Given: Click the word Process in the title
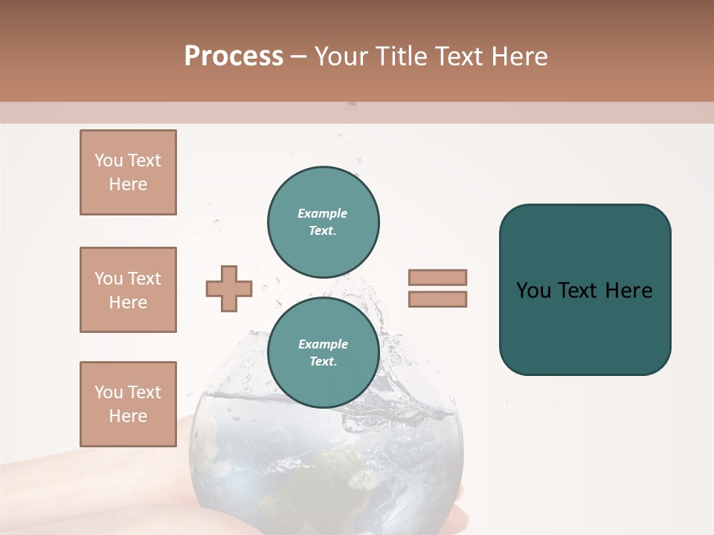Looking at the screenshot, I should [234, 56].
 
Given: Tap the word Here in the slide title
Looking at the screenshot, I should [515, 56].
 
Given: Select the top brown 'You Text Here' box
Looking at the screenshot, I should [128, 172].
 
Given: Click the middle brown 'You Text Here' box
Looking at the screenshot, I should [128, 290].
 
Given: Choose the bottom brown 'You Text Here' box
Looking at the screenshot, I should [128, 404].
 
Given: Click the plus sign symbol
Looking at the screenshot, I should [229, 288].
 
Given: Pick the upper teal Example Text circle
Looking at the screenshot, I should [324, 222].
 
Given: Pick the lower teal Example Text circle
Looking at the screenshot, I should [324, 352].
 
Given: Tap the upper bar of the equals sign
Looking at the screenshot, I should [437, 278].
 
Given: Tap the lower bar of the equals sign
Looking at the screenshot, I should [437, 299].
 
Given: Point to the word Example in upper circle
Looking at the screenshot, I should [323, 213].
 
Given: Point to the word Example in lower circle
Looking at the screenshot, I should [323, 344].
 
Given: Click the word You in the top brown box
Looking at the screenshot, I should [109, 160].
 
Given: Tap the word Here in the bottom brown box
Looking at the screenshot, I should [128, 416].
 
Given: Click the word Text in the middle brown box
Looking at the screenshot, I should [144, 279].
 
